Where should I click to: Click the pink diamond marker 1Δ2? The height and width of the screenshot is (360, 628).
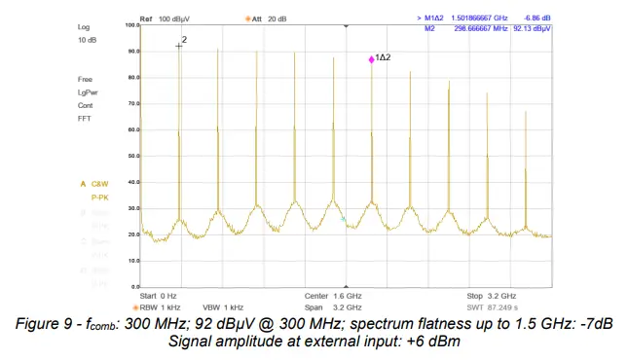pos(372,60)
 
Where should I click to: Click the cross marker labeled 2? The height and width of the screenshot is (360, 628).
pos(179,45)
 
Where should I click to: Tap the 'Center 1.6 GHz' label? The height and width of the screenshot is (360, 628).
pos(334,295)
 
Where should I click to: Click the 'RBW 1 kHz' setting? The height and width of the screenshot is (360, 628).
pos(161,306)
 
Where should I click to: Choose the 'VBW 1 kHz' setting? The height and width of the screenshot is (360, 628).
pos(223,306)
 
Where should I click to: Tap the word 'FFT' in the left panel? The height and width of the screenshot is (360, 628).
pos(85,118)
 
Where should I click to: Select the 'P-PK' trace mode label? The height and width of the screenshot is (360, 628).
pos(100,197)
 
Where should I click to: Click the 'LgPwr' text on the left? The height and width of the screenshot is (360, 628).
pos(89,91)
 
